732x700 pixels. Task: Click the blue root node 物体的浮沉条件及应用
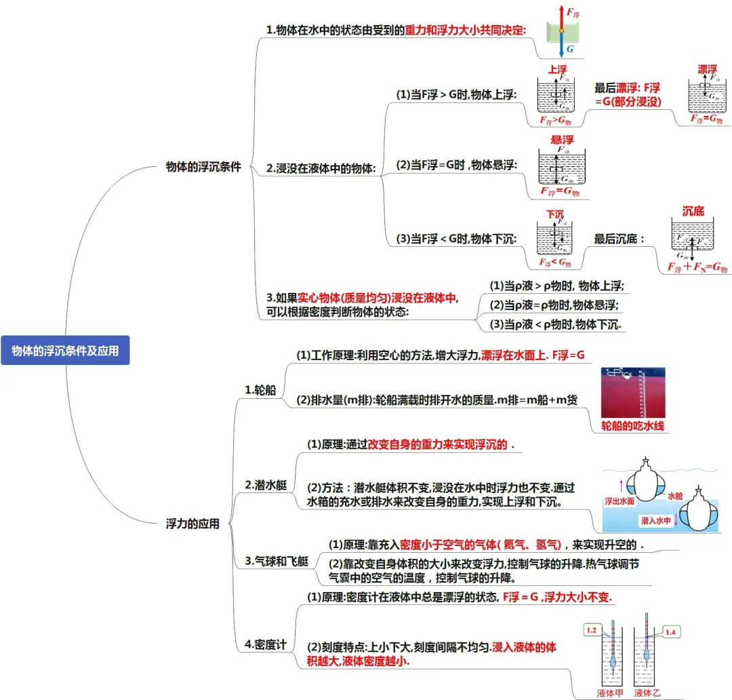65,351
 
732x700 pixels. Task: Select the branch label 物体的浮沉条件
203,167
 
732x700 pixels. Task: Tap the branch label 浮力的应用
192,524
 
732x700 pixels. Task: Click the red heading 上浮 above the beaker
557,70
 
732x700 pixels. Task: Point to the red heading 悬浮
563,139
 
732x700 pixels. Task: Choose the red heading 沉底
693,211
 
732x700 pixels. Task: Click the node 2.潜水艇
266,485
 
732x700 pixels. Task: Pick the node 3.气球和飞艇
276,561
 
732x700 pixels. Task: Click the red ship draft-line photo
633,392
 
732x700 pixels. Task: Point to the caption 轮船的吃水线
633,427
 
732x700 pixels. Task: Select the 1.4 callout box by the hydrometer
670,632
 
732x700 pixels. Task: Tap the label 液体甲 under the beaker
609,693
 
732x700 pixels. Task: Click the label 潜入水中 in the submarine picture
655,520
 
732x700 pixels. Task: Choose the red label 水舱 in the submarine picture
676,497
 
